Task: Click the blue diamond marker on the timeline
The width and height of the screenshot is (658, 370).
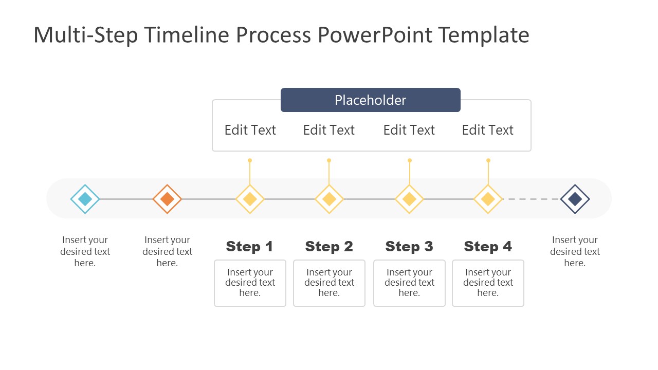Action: (x=85, y=199)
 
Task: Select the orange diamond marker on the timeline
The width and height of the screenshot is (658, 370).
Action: (x=167, y=199)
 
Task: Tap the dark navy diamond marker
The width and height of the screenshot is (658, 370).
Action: (x=575, y=199)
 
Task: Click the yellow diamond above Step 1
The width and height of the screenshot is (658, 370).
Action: (x=250, y=199)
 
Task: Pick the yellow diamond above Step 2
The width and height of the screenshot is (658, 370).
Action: (x=329, y=199)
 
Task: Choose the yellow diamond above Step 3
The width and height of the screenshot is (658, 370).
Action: (x=409, y=199)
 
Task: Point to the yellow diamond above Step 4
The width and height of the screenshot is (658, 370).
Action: (x=488, y=199)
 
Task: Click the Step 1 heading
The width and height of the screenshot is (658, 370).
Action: (x=250, y=247)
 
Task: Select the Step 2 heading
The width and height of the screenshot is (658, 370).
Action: (x=329, y=247)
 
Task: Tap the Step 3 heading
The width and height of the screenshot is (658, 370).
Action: (x=409, y=247)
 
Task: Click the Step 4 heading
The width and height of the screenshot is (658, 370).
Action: (x=488, y=247)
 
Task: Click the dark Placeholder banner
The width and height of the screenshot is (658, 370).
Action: (x=370, y=100)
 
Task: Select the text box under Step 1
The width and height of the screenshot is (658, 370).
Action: (x=250, y=283)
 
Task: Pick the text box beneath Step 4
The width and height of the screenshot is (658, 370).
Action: (x=488, y=283)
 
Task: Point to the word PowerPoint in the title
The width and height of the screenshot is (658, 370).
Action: (x=375, y=35)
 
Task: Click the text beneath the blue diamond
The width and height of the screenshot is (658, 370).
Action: (x=85, y=251)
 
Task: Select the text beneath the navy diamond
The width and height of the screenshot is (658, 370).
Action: (x=575, y=251)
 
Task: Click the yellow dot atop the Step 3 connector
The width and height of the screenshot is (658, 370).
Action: (x=409, y=160)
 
